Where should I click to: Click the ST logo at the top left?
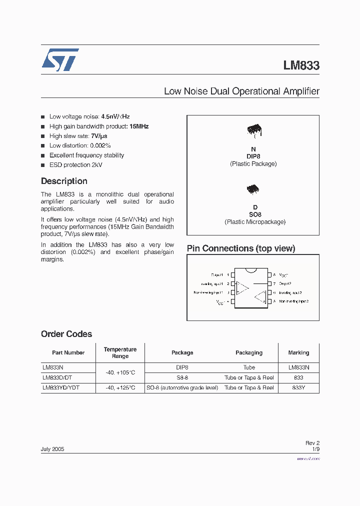(x=60, y=60)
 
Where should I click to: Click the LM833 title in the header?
(x=301, y=65)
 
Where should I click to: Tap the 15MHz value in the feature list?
(x=139, y=126)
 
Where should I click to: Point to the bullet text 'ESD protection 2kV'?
(x=76, y=165)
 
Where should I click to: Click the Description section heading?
(x=64, y=181)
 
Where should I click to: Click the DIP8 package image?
(x=253, y=131)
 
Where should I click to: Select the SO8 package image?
(x=253, y=189)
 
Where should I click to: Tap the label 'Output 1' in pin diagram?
(x=217, y=275)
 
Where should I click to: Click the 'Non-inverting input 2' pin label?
(x=294, y=302)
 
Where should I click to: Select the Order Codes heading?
(x=66, y=334)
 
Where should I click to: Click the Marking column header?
(x=298, y=352)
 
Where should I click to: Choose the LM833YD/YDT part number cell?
(x=61, y=387)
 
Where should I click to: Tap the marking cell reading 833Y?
(x=298, y=387)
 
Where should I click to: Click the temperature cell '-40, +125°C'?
(x=120, y=387)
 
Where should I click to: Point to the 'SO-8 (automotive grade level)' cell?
(x=182, y=387)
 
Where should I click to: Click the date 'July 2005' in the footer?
(x=52, y=449)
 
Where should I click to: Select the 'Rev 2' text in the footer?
(x=312, y=443)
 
